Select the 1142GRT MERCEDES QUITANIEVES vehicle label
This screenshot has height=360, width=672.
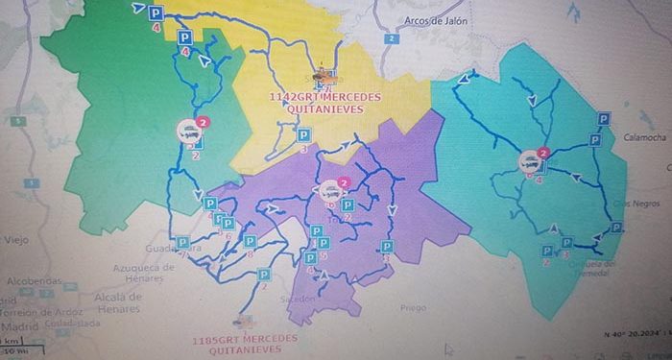coord(324,103)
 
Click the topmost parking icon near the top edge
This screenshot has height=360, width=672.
coord(156,12)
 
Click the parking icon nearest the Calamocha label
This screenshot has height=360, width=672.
coord(605,119)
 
